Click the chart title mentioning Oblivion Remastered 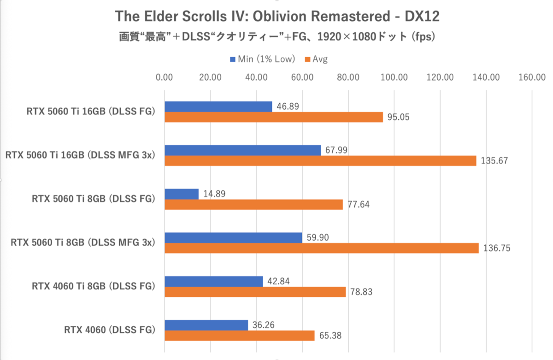tap(277, 17)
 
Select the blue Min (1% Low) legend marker tap(232, 59)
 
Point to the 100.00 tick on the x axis tap(394, 77)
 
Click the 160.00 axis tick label tap(532, 77)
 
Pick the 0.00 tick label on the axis tap(165, 77)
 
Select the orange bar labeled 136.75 tap(322, 248)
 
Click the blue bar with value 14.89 tap(182, 194)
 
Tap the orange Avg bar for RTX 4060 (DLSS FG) tap(240, 336)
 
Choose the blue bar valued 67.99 tap(242, 150)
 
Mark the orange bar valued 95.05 tap(274, 117)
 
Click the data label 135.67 tap(493, 161)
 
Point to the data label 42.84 tap(278, 281)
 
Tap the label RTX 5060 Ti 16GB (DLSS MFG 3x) tap(79, 155)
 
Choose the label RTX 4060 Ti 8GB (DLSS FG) tap(93, 286)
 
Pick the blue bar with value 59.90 tap(233, 237)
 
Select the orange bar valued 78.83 tap(255, 292)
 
